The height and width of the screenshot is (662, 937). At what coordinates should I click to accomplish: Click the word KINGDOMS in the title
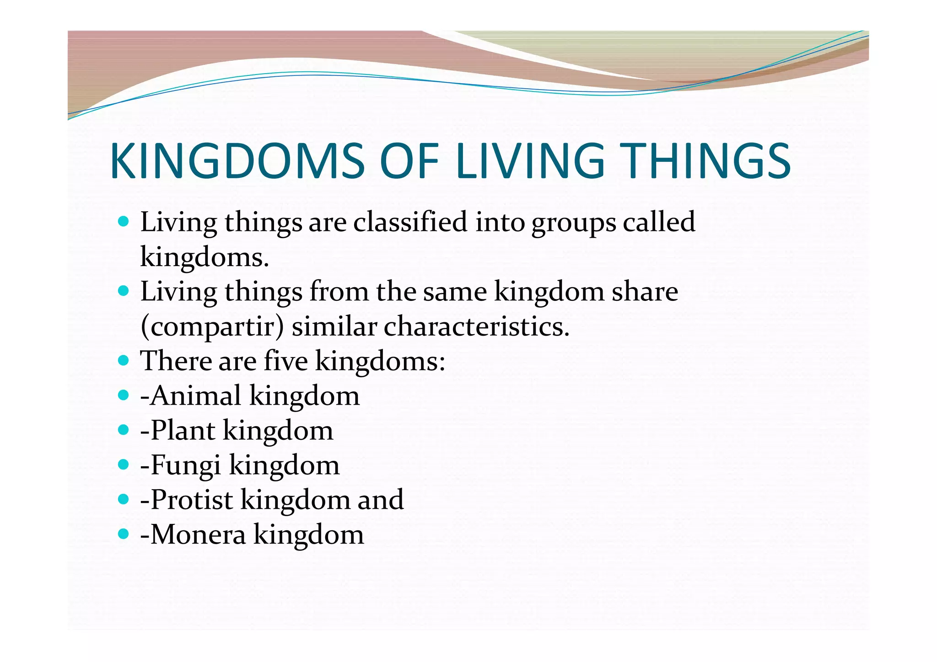pyautogui.click(x=237, y=161)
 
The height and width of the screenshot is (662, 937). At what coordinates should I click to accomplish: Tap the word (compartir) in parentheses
pyautogui.click(x=212, y=327)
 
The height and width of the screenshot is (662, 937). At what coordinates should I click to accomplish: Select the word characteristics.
pyautogui.click(x=476, y=326)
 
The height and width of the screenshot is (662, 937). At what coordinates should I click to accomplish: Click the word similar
pyautogui.click(x=334, y=326)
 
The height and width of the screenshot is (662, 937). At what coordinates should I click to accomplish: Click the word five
pyautogui.click(x=286, y=361)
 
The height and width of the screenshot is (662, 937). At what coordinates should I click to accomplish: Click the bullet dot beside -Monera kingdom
pyautogui.click(x=123, y=534)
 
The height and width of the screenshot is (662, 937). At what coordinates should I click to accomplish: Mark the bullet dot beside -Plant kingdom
pyautogui.click(x=123, y=430)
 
